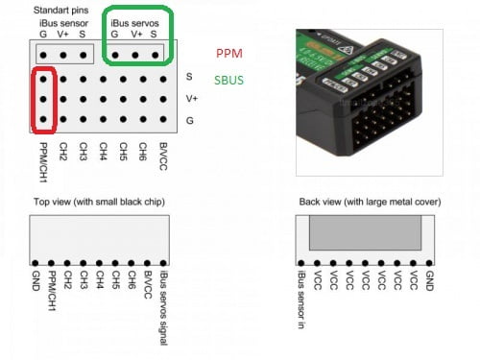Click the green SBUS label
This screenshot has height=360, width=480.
click(x=228, y=79)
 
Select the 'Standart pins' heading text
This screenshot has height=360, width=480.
click(x=58, y=10)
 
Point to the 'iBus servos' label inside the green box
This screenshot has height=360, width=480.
click(x=135, y=21)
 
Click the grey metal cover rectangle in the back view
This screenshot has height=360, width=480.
click(x=365, y=233)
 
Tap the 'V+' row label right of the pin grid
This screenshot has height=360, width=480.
click(x=192, y=97)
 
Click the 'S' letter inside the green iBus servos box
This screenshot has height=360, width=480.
click(x=154, y=34)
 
